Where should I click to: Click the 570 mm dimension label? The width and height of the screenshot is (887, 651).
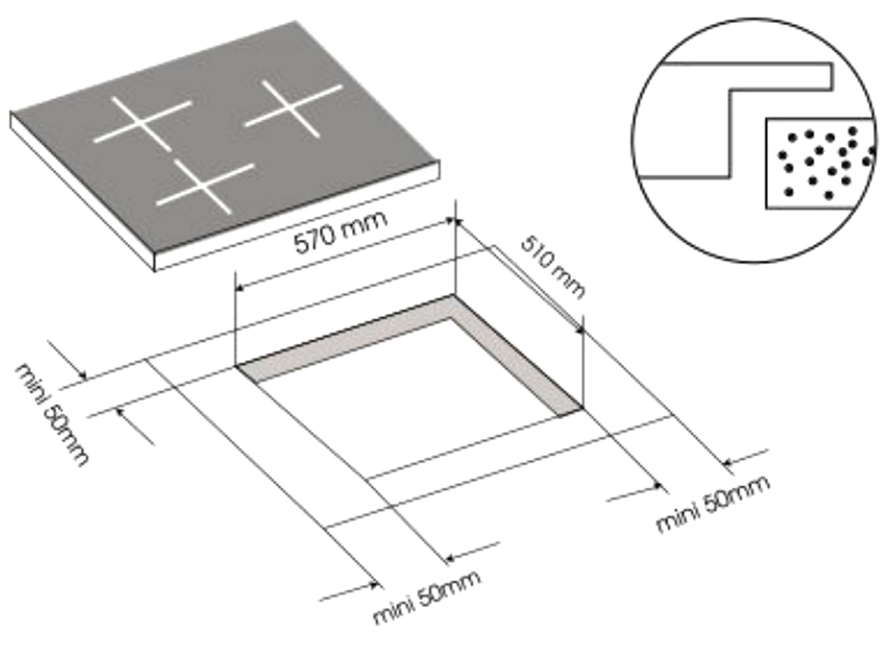(341, 235)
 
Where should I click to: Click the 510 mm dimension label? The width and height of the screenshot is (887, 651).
(552, 266)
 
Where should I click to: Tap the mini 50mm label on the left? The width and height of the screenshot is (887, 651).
(52, 413)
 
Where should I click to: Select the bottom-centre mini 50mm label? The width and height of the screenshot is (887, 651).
(427, 597)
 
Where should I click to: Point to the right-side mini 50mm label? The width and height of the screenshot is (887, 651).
(712, 504)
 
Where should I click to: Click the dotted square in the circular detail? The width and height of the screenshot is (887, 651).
(816, 161)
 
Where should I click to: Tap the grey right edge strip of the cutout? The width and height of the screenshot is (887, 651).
(519, 355)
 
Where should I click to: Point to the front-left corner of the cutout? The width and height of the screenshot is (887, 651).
(237, 365)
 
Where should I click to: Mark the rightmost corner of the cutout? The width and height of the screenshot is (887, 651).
(583, 409)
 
